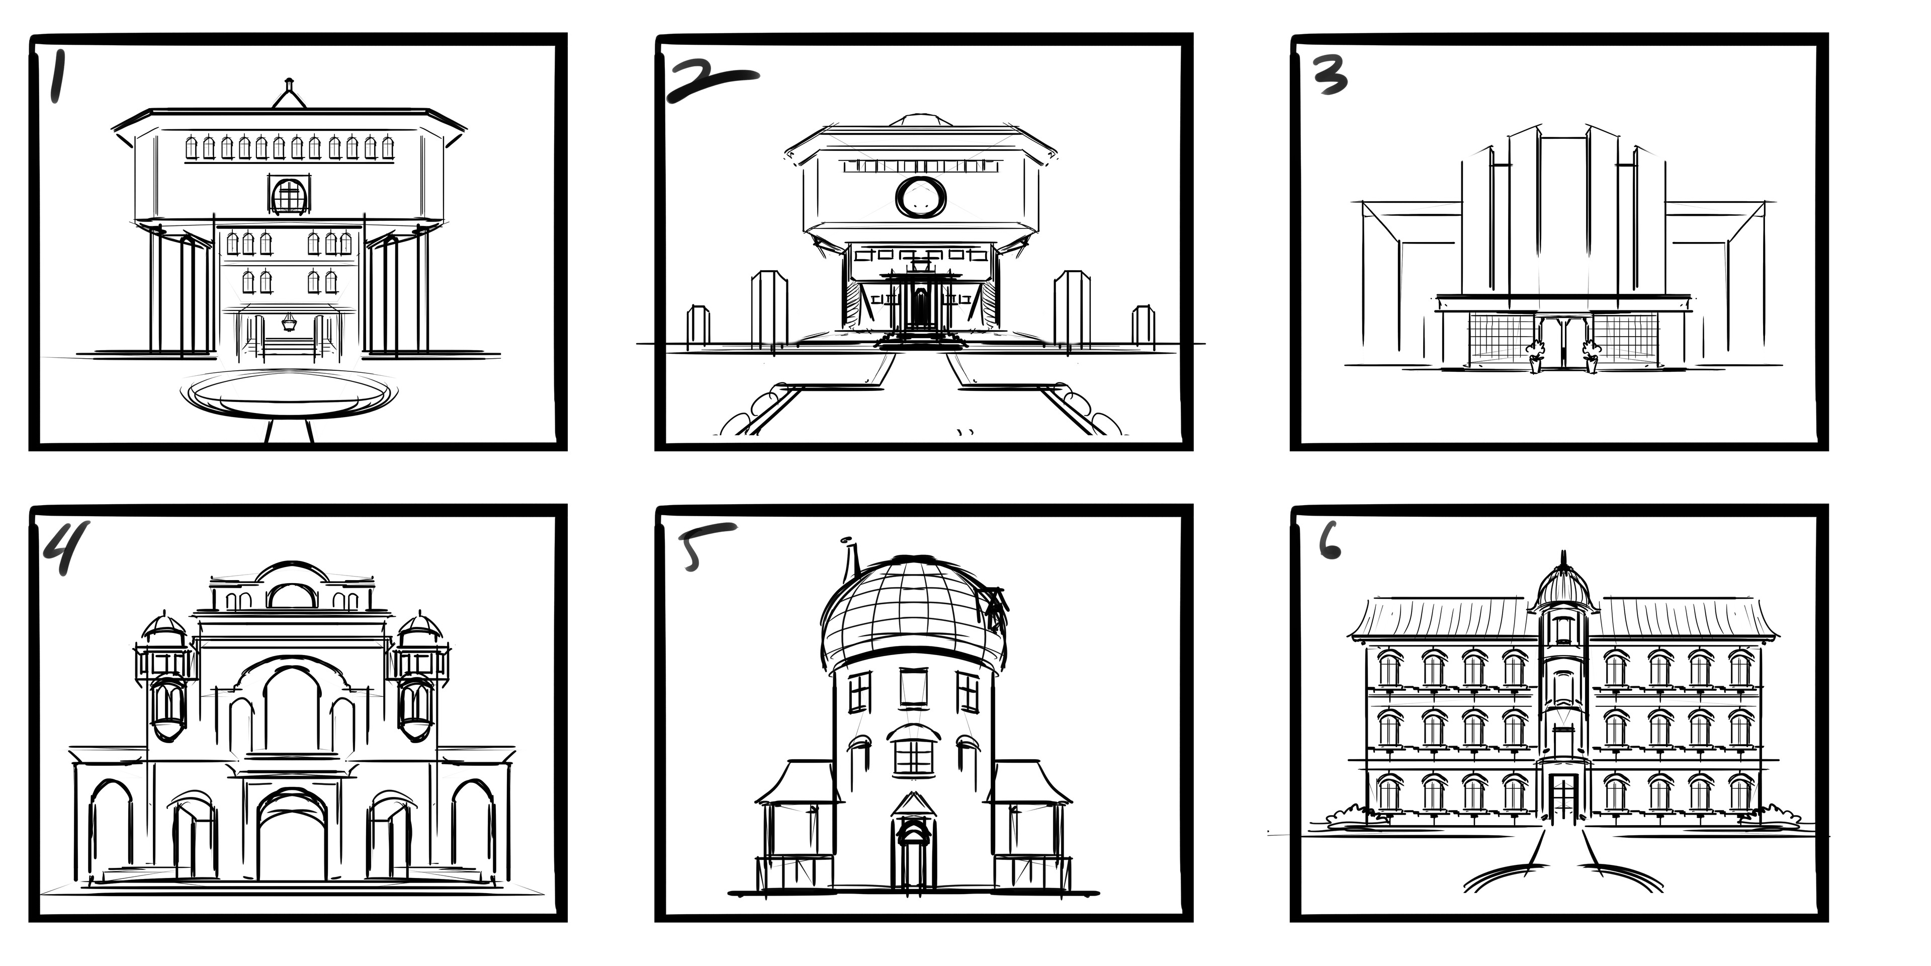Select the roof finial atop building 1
[x=289, y=93]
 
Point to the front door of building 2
[x=920, y=307]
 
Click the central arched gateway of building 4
[x=292, y=833]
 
